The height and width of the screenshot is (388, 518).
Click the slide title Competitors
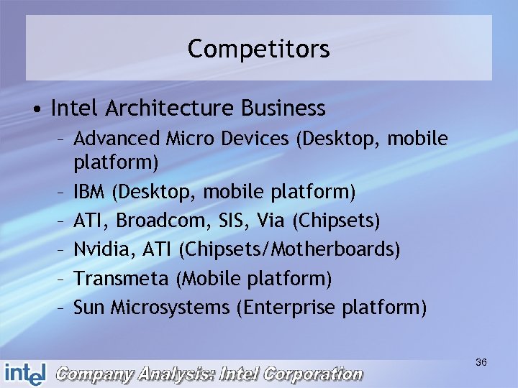coord(258,50)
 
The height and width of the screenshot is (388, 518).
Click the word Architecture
coord(170,108)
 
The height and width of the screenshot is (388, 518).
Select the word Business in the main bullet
coord(283,108)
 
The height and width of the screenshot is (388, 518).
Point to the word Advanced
coord(112,137)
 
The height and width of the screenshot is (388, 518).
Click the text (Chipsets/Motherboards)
coord(289,249)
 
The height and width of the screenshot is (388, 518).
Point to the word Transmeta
coord(122,278)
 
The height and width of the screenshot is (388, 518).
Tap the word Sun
coord(89,308)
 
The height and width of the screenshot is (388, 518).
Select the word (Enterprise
coord(286,308)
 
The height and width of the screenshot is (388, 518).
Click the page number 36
coord(481,363)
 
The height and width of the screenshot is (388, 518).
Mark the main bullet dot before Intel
coord(35,109)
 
